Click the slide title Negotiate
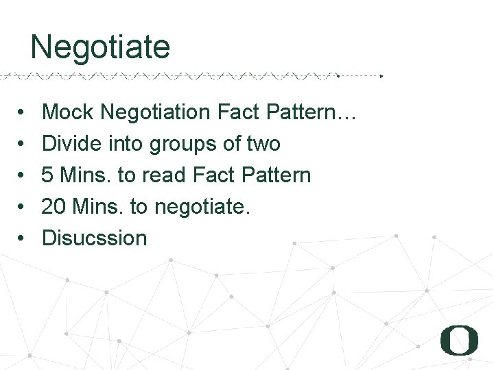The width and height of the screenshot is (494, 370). tap(100, 47)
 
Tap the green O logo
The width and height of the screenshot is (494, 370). tap(459, 340)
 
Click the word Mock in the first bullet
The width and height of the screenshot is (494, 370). tap(65, 112)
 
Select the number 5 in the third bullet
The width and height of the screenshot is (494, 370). tap(48, 175)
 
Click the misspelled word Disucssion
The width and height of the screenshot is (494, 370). tap(95, 238)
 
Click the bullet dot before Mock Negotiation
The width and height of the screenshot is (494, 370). tap(23, 112)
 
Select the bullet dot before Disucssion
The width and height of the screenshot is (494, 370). tap(23, 238)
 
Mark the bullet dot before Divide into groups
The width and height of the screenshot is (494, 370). tap(23, 144)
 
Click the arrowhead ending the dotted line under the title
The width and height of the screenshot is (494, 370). tap(381, 75)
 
